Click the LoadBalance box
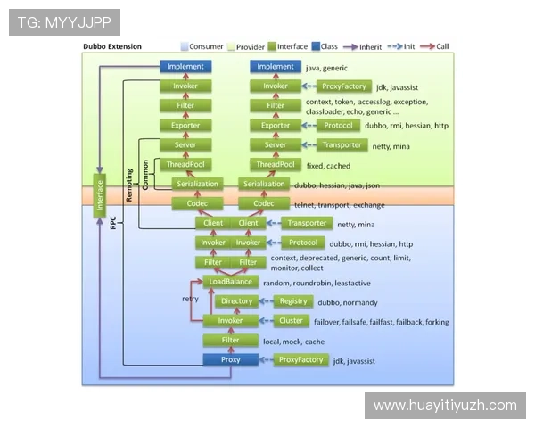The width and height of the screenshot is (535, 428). [230, 282]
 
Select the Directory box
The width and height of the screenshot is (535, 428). [237, 301]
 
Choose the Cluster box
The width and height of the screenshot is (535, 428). [292, 321]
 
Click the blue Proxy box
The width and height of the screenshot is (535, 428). [230, 359]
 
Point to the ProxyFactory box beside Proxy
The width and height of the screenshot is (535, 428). [300, 359]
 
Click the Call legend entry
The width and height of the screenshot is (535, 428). [437, 46]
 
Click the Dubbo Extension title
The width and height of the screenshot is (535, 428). [112, 46]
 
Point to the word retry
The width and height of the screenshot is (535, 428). [190, 299]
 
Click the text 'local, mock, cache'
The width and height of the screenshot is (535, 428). [293, 341]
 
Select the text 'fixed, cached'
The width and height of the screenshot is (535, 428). [327, 165]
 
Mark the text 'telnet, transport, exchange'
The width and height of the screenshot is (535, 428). [340, 204]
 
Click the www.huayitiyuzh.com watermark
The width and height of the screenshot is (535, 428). [445, 406]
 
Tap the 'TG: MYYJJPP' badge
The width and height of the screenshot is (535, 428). [63, 21]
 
